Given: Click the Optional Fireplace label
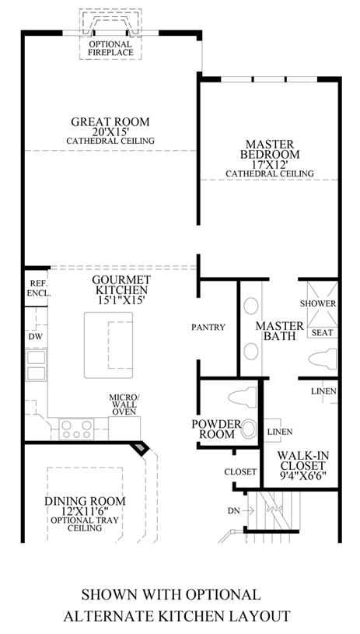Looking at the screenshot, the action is click(110, 48).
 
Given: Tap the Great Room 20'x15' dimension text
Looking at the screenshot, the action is click(110, 131).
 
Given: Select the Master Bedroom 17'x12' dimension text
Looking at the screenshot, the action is click(270, 164).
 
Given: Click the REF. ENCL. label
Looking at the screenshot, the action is click(39, 289).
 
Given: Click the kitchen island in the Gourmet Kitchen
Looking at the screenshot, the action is click(108, 345).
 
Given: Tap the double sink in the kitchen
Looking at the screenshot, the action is click(36, 365).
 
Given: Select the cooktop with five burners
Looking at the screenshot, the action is click(76, 429).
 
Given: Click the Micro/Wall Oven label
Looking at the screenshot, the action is click(123, 405).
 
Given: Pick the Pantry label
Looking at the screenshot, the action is click(208, 327).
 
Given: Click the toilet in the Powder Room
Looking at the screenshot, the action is click(243, 397).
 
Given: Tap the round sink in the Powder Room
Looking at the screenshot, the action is click(249, 429).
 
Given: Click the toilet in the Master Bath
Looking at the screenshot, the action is click(323, 359).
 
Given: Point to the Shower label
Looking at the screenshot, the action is click(318, 303).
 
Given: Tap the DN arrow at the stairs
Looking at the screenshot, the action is click(248, 510).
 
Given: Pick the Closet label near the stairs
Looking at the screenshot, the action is click(240, 471).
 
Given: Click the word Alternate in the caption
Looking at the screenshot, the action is click(114, 616).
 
